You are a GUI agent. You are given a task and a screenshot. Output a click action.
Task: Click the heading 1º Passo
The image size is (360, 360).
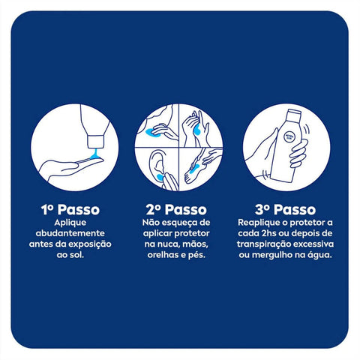tap(70, 209)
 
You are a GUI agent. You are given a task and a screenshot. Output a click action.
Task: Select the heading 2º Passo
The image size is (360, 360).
tap(176, 209)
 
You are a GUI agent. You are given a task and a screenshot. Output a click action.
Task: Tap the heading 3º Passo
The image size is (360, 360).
tap(285, 209)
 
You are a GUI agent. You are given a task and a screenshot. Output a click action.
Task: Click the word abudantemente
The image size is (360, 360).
tap(70, 233)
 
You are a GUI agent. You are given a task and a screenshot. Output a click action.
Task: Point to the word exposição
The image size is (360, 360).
tap(90, 244)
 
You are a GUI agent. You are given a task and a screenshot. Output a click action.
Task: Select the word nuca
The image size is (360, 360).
tap(169, 244)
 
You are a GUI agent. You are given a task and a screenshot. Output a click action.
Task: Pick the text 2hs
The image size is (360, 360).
tap(268, 233)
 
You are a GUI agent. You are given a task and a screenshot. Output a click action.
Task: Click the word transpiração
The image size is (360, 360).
tap(263, 244)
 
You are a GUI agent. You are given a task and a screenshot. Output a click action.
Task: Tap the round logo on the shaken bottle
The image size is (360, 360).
tap(290, 137)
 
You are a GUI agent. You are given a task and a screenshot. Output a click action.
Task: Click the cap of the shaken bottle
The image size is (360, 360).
tap(294, 114)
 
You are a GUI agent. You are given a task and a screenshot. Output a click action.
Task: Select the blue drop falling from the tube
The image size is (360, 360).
tap(94, 154)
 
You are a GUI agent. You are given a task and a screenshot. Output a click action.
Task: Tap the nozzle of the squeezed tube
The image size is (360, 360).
tap(95, 141)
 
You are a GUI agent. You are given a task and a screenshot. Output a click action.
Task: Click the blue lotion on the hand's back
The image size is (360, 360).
tap(196, 129)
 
